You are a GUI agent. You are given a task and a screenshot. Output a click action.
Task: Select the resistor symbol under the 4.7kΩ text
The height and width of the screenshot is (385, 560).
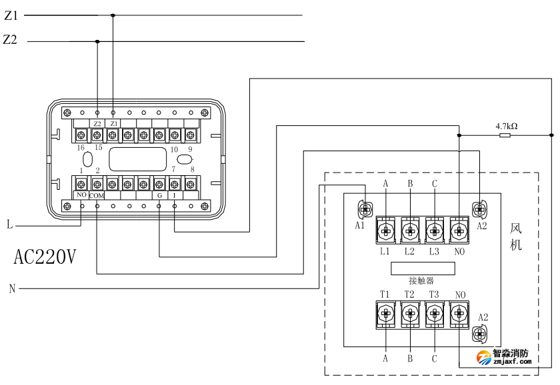tap(505, 135)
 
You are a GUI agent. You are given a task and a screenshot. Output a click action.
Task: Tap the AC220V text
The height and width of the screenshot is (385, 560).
tap(45, 256)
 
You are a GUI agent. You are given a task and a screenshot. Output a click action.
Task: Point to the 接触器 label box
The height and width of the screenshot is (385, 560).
tap(422, 268)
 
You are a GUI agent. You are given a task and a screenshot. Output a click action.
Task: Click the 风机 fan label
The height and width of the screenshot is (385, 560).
tap(516, 236)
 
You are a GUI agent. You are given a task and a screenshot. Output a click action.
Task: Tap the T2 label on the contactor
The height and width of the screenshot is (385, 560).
tap(409, 294)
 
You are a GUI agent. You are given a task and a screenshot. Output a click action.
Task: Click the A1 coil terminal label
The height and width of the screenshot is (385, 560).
tap(360, 226)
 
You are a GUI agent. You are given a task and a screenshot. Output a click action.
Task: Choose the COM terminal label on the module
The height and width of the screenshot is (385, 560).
tap(97, 196)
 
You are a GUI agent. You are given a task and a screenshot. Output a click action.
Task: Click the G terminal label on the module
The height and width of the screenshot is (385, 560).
tap(159, 196)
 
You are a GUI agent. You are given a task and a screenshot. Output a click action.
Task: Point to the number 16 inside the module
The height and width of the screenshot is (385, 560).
tap(81, 147)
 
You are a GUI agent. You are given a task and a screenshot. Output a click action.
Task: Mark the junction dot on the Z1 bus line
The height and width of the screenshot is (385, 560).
tap(113, 15)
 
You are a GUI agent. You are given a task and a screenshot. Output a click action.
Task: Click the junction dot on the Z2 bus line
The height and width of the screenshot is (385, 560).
tap(97, 41)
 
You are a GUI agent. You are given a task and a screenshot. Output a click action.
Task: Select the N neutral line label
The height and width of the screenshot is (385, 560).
tap(11, 288)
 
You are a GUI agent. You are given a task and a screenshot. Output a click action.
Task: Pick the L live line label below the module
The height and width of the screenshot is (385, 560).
tap(10, 225)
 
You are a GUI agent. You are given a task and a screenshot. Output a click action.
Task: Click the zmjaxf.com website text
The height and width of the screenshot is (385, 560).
tap(512, 362)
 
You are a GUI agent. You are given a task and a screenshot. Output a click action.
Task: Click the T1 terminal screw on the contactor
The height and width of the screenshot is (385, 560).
tap(385, 312)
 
